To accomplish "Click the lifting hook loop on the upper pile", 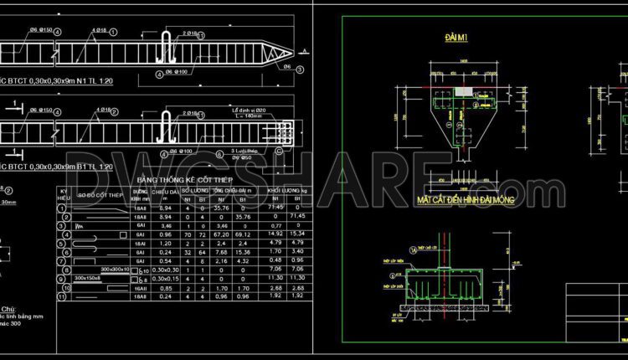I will (x=167, y=47).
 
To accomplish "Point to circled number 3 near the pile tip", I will (x=287, y=65).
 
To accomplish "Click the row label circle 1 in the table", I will (x=62, y=207).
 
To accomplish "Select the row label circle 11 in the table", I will (x=62, y=296).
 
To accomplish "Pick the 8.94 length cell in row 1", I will (x=166, y=207).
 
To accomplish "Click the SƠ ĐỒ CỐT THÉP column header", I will (x=99, y=196).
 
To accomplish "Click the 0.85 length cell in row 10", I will (x=166, y=287).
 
